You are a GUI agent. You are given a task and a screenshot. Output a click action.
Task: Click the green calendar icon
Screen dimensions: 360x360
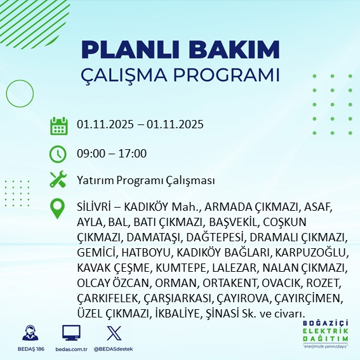click(58, 126)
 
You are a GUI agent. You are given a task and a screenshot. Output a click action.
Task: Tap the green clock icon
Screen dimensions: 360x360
click(58, 153)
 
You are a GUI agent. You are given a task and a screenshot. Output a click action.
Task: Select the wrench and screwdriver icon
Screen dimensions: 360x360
click(58, 180)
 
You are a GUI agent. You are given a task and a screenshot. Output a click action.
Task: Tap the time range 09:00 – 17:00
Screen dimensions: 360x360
click(112, 153)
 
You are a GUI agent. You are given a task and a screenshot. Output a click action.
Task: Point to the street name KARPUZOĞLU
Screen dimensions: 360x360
click(308, 252)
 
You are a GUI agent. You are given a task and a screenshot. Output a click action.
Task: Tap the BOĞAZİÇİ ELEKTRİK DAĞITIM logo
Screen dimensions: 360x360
click(326, 334)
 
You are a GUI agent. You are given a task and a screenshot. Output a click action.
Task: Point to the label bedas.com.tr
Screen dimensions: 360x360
click(71, 349)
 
